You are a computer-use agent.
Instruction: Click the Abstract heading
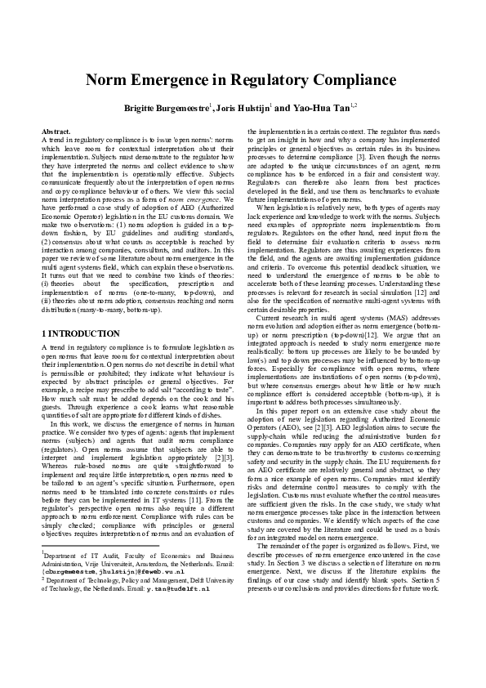tap(56, 132)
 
